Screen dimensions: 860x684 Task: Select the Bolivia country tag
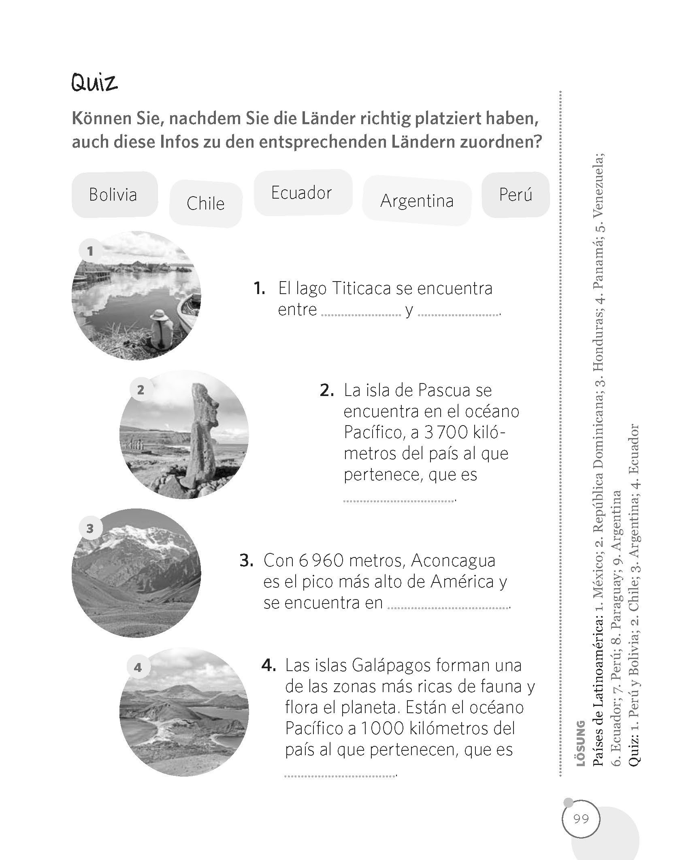(x=113, y=195)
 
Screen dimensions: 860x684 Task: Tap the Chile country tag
(x=205, y=203)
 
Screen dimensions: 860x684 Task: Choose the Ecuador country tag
(x=301, y=193)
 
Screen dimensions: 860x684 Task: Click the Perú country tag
(x=515, y=195)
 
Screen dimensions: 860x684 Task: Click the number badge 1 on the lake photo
(x=90, y=251)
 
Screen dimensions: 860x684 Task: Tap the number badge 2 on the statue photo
(x=141, y=390)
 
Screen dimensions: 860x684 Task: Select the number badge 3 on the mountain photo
(x=90, y=528)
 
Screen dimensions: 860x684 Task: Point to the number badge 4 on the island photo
(x=138, y=667)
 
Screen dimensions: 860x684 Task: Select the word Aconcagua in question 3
(x=453, y=561)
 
